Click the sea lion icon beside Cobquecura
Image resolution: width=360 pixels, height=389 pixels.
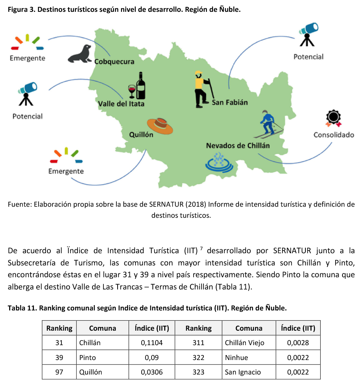[80, 54]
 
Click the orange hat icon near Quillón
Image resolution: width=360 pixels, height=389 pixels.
[160, 125]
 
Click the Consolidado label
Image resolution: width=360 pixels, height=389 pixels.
[334, 135]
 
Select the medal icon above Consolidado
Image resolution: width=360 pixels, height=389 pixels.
[333, 118]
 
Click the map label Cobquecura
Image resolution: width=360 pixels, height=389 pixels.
[114, 61]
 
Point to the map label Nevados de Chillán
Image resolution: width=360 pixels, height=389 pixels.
[237, 146]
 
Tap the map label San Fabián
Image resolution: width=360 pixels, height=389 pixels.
[229, 102]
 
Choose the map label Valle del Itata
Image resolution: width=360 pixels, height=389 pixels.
[121, 103]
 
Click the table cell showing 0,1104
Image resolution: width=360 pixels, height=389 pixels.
[152, 342]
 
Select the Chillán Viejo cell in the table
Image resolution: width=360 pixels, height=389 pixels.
[244, 342]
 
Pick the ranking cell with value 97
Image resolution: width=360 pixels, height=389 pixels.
[59, 372]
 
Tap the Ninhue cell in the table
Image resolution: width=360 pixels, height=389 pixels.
[236, 357]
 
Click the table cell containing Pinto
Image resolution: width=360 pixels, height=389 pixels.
[87, 357]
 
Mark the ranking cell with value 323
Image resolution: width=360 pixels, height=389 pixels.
[199, 372]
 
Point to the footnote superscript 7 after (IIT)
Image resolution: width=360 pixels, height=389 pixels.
[201, 249]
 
